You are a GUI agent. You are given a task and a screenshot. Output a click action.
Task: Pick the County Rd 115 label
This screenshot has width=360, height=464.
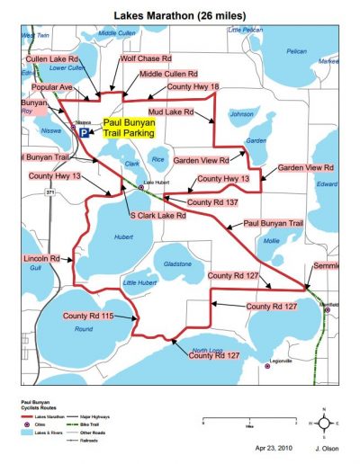(x=88, y=317)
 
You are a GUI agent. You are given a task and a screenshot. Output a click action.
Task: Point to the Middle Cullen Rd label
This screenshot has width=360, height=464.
(x=169, y=74)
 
